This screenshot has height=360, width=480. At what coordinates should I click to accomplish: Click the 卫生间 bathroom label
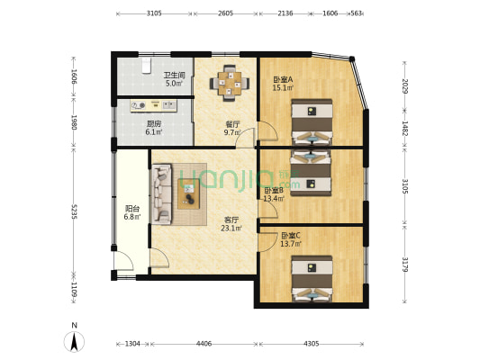(x=174, y=76)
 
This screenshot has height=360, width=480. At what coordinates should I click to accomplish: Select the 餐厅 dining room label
(x=231, y=124)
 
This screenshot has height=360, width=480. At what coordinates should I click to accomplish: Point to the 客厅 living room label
(x=231, y=219)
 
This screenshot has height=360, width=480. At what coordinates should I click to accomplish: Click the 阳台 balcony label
(x=131, y=210)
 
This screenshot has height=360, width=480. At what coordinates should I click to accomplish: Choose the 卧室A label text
(x=283, y=79)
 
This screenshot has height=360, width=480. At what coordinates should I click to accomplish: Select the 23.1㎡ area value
(x=231, y=228)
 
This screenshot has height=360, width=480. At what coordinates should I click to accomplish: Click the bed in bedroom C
(x=312, y=277)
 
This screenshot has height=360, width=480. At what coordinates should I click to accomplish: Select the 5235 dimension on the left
(x=75, y=216)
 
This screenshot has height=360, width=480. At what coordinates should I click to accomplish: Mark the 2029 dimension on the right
(x=405, y=86)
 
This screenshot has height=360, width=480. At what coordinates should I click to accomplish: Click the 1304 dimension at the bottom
(x=131, y=343)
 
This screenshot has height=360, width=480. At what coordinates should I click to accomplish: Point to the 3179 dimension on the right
(x=405, y=265)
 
